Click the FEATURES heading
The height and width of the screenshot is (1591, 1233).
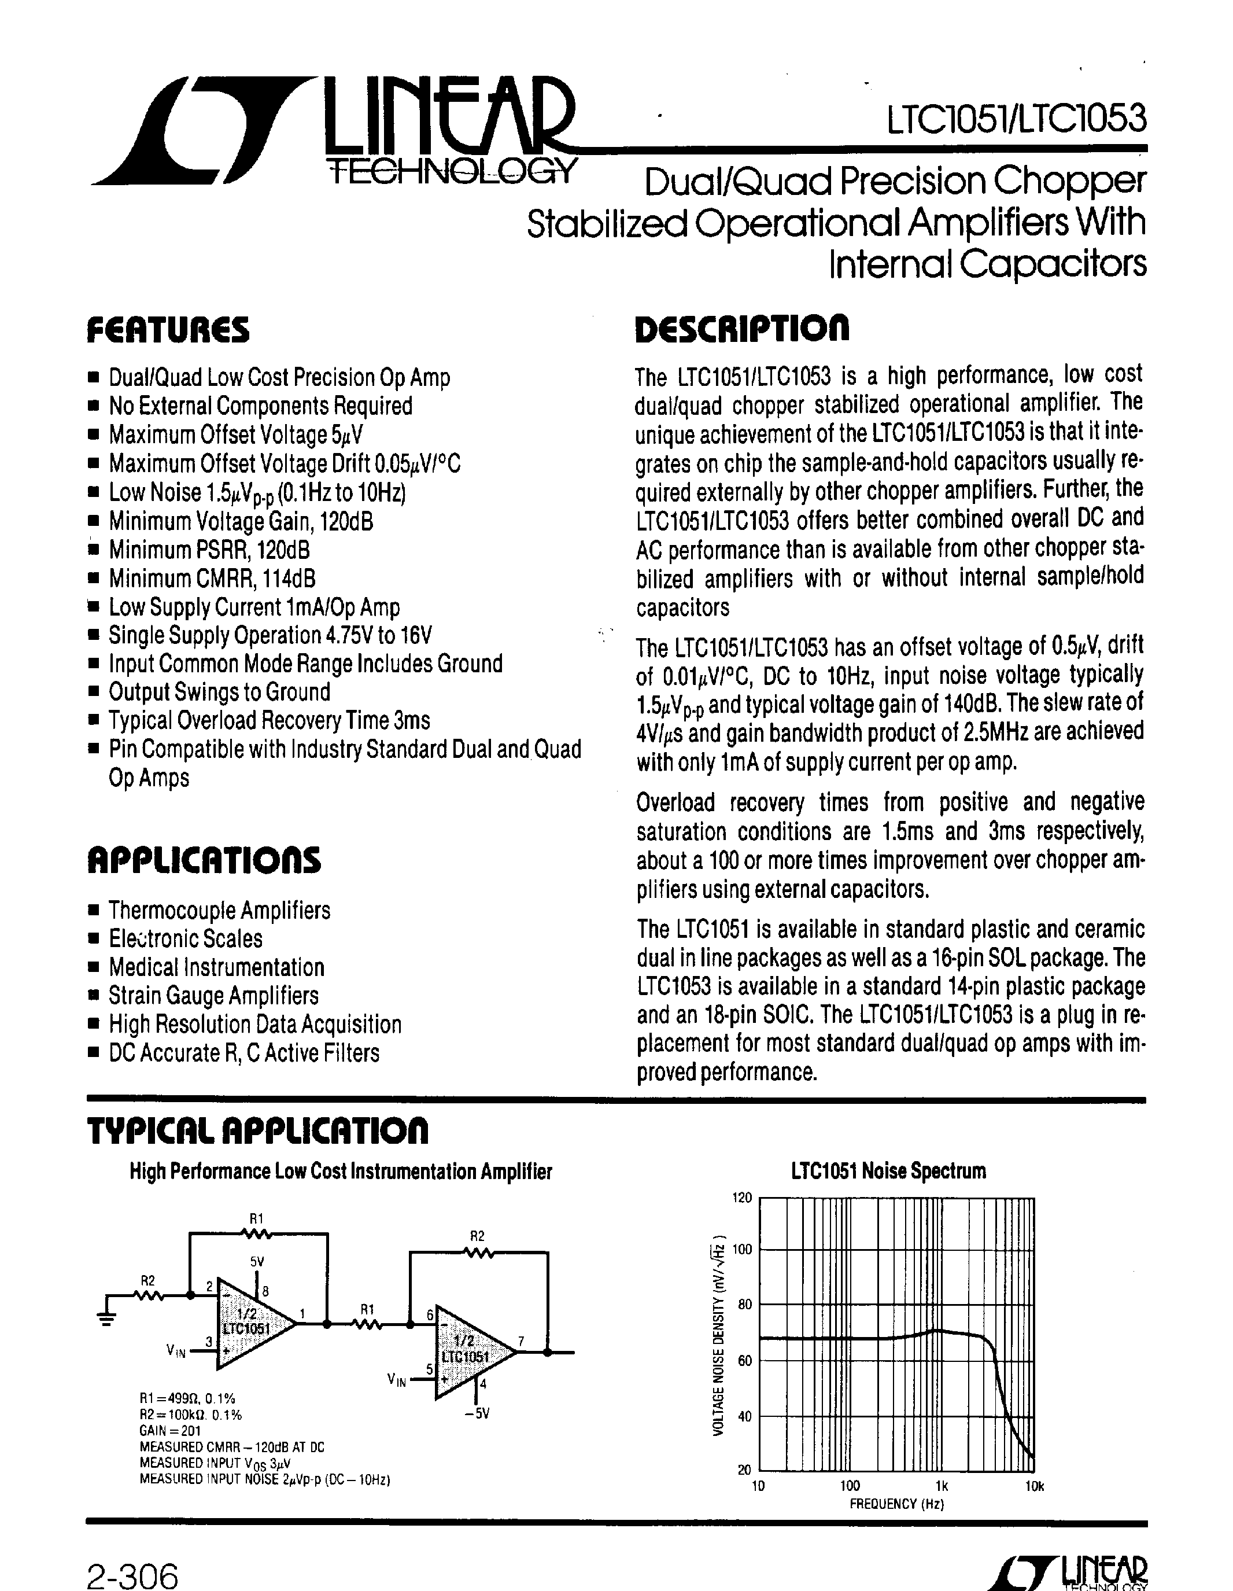[x=168, y=330]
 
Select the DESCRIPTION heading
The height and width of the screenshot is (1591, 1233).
[x=742, y=330]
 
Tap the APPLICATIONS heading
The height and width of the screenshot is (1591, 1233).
[x=204, y=860]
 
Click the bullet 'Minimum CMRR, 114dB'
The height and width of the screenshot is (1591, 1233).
[x=211, y=579]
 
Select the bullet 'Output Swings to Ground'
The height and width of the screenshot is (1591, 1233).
[x=219, y=692]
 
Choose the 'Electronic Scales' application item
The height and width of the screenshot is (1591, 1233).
[x=185, y=939]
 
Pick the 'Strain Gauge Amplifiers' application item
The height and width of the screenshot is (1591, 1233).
[x=213, y=996]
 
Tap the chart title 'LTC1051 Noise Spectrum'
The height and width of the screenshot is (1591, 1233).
[x=888, y=1172]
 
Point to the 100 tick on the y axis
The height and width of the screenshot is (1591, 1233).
[x=741, y=1249]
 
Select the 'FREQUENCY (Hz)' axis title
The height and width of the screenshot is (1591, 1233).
[x=896, y=1504]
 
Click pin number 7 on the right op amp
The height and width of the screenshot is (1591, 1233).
[x=520, y=1341]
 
